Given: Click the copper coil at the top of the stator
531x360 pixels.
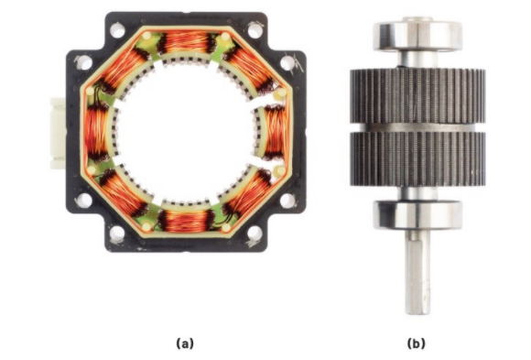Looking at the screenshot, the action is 186,42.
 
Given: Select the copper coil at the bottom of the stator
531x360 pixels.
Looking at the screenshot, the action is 186,221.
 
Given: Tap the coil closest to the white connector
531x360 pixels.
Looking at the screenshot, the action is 96,132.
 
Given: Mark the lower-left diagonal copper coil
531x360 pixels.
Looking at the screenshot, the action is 122,192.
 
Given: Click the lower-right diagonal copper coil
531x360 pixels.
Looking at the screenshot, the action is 247,194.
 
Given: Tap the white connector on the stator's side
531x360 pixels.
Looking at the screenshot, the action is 58,133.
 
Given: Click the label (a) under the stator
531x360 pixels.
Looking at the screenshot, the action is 185,343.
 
